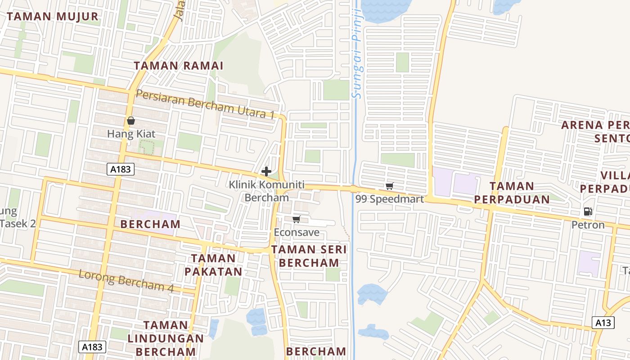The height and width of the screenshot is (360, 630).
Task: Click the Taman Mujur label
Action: coord(53,17)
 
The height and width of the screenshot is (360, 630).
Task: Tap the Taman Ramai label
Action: coord(179,65)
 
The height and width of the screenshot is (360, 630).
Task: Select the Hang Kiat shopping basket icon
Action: coord(131,121)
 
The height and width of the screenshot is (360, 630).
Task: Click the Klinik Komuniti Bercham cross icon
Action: coord(266,171)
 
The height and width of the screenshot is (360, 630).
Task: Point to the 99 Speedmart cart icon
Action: coord(390,186)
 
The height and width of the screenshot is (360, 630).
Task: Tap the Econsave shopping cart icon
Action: coord(296,220)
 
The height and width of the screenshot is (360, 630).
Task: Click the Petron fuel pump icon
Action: coord(588,211)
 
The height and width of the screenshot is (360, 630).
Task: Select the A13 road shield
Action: coord(603,322)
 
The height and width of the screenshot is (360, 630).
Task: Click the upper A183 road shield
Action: coord(121,169)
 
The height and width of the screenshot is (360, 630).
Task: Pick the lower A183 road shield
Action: coord(93,346)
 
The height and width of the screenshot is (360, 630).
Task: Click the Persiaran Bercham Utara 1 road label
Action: coord(205,104)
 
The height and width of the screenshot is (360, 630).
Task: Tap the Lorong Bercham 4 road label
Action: coord(126,280)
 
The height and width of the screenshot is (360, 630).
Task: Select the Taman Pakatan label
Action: coord(213,265)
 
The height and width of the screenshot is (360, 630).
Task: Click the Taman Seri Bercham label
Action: coord(309,256)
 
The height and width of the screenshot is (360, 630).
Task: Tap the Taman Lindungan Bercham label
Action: coord(165,338)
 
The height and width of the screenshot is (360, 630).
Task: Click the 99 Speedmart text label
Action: coord(390,199)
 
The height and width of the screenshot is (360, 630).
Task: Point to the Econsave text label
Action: coord(297,233)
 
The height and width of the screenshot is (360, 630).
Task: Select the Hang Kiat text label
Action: coord(131,134)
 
